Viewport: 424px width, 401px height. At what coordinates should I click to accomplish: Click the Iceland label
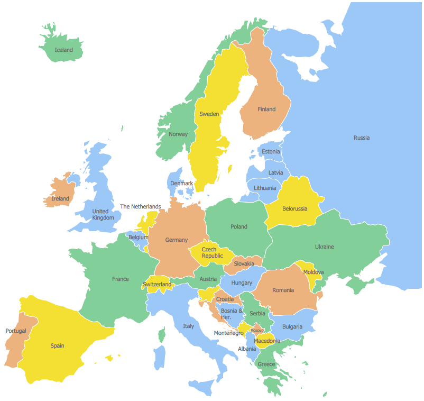pos(64,50)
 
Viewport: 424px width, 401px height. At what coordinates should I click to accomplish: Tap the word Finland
pos(266,110)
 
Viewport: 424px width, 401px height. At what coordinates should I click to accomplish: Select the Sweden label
pos(209,114)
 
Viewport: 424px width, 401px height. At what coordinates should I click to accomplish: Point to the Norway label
pos(178,134)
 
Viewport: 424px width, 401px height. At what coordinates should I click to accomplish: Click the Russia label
pos(362,138)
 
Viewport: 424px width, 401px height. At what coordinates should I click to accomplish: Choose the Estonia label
pos(271,152)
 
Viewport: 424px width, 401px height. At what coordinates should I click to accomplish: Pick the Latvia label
pos(275,173)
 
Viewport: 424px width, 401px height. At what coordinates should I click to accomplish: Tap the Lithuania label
pos(265,188)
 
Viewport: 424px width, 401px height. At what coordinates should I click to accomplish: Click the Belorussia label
pos(294,209)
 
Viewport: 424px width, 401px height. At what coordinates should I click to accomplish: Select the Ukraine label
pos(324,247)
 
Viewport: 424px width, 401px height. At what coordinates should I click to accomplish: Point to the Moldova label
pos(314,272)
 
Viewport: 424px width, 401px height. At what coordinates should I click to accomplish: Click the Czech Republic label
pos(209,253)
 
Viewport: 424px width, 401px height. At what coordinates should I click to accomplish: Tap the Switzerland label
pos(157,285)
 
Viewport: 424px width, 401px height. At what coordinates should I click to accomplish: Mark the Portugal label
pos(16,331)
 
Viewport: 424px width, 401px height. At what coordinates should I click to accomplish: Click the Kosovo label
pos(257,331)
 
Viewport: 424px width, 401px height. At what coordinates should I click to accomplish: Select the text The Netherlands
pos(141,207)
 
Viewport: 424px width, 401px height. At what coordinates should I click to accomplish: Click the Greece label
pos(266,364)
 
